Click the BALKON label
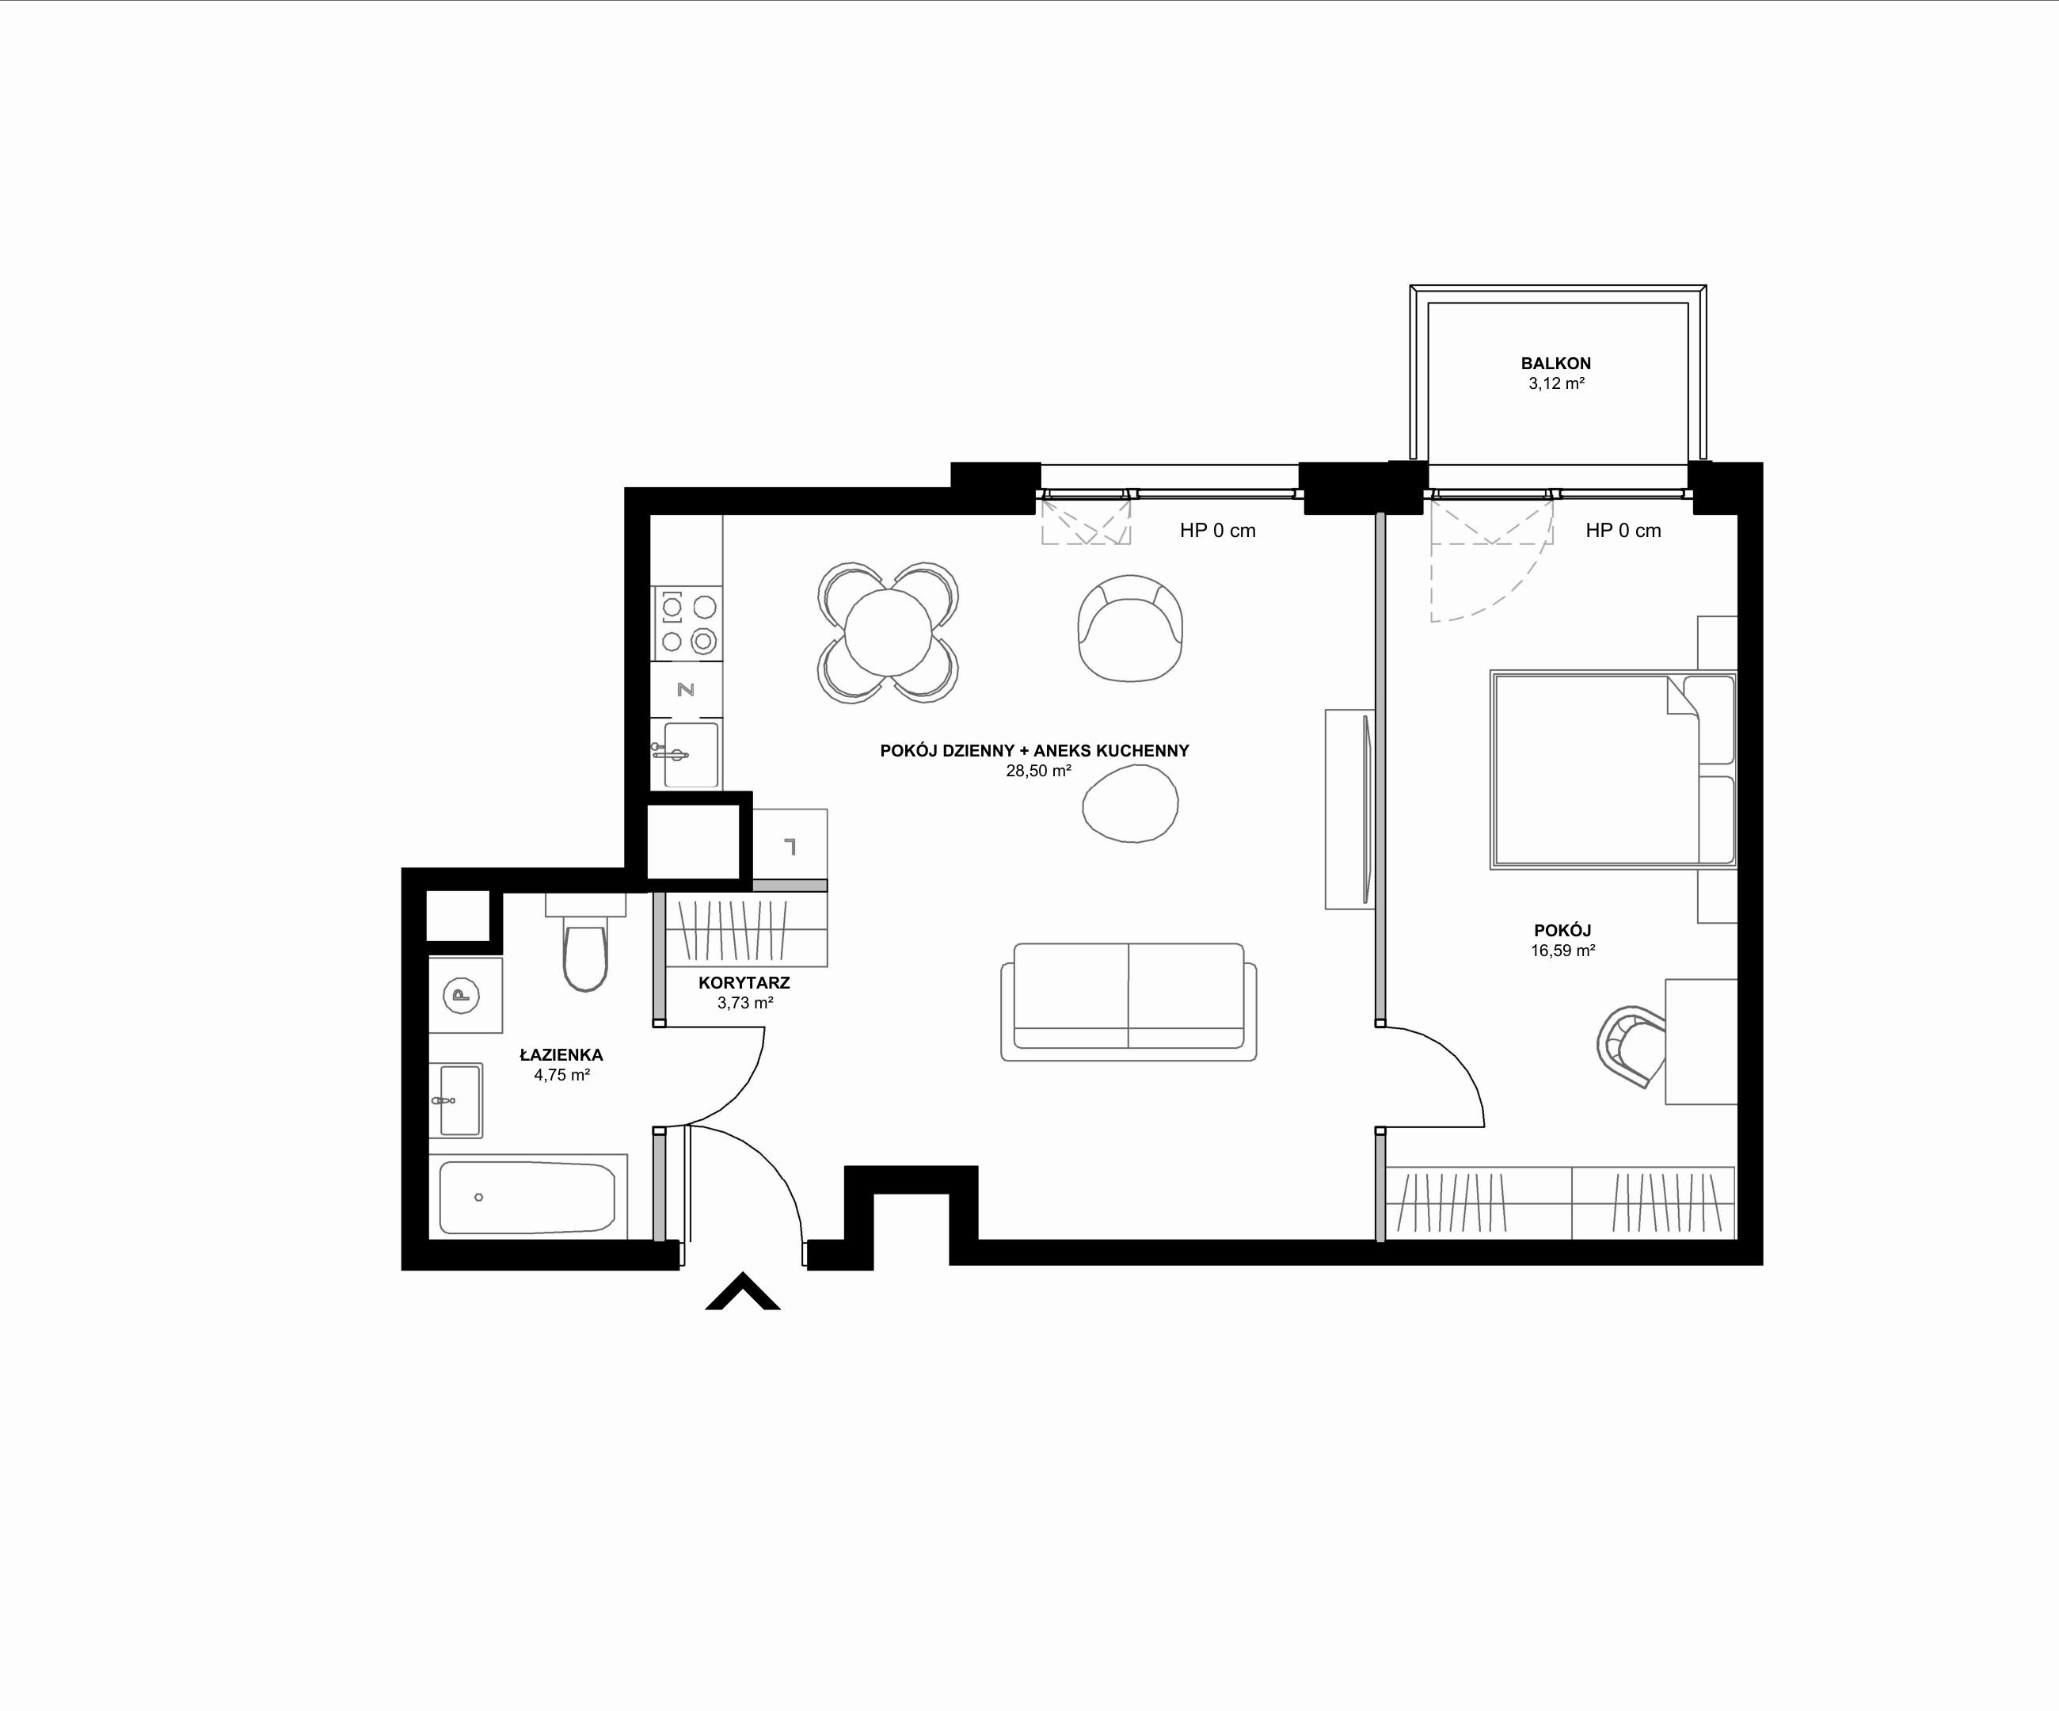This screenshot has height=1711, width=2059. click(x=1556, y=363)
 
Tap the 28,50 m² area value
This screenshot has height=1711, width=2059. click(x=1038, y=771)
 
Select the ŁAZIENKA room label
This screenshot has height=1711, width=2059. click(x=561, y=1055)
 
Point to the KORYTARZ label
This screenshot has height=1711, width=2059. click(x=744, y=982)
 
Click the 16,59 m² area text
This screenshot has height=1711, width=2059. click(x=1563, y=950)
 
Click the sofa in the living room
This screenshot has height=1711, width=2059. click(x=1128, y=1002)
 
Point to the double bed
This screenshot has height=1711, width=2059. click(x=1613, y=770)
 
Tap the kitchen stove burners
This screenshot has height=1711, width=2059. click(x=687, y=623)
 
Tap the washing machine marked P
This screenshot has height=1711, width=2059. click(x=465, y=995)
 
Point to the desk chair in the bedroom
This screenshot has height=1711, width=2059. click(x=1631, y=1046)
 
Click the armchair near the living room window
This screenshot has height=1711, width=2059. click(x=1129, y=627)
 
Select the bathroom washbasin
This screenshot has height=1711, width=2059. click(x=456, y=1100)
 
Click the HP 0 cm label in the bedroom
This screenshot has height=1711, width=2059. click(x=1623, y=531)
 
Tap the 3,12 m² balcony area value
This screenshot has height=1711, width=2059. click(x=1557, y=383)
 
